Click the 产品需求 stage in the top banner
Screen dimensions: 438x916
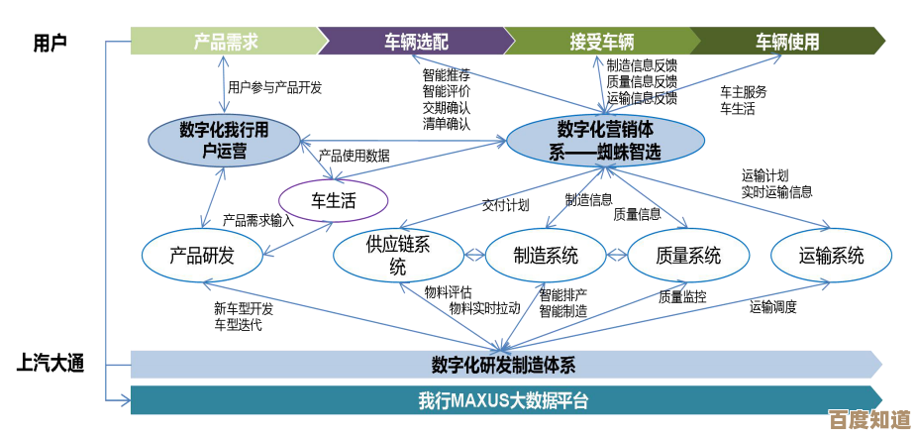click(226, 42)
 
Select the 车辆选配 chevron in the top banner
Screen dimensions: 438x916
click(416, 42)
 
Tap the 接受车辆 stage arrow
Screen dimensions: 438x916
click(601, 42)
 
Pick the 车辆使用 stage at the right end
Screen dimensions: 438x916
click(787, 42)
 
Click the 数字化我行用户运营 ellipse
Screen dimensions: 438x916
click(225, 141)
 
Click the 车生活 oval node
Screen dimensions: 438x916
click(334, 200)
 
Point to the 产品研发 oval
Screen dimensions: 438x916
click(202, 256)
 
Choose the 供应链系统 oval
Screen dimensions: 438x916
click(397, 256)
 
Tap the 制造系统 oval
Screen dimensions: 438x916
click(546, 256)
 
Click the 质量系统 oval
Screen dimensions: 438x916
click(688, 256)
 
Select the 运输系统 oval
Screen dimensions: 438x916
click(831, 256)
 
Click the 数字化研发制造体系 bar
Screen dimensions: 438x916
click(504, 365)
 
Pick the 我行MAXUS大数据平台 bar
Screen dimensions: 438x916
click(504, 401)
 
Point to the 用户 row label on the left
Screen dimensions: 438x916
click(50, 43)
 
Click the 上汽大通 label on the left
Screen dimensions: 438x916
click(50, 363)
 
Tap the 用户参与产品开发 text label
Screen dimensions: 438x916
click(274, 87)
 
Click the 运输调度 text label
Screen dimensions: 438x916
click(772, 307)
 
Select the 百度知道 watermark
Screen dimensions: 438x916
click(869, 418)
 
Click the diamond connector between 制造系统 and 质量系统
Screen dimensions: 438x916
click(617, 256)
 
